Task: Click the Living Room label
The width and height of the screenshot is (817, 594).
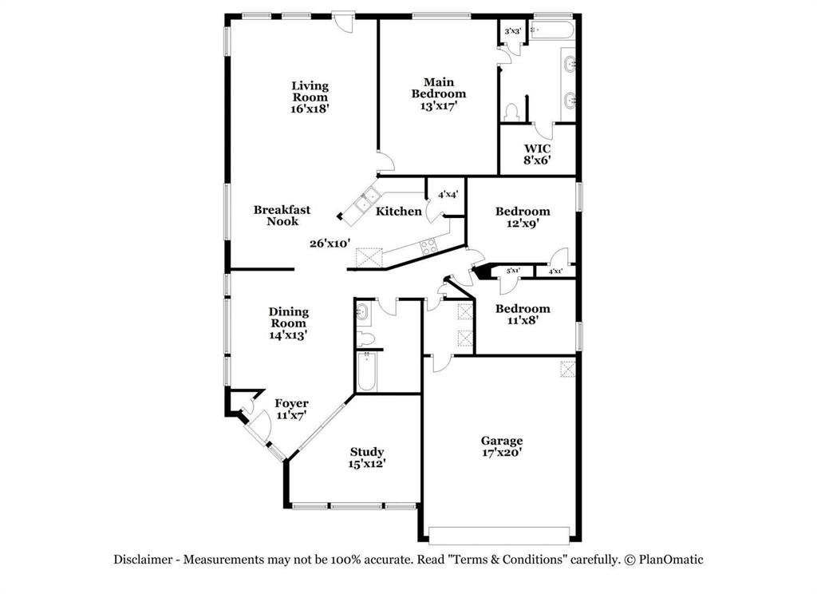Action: pos(310,97)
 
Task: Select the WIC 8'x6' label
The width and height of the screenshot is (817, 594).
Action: pos(537,154)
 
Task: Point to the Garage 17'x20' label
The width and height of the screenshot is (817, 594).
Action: pos(502,446)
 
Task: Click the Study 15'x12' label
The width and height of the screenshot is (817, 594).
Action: pos(366,457)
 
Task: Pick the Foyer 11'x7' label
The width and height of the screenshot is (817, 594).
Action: pos(291,410)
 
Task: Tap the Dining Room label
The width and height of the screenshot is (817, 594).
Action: pos(288,323)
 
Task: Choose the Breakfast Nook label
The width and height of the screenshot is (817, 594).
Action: pos(282,216)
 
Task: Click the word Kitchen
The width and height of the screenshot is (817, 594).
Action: pos(399,212)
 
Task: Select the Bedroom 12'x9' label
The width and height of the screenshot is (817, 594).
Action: pos(523,217)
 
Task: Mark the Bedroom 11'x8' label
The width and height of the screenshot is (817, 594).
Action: pos(523,315)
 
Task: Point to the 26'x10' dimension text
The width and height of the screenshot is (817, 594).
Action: pos(330,244)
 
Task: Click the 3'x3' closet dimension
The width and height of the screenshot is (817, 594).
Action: pos(513,31)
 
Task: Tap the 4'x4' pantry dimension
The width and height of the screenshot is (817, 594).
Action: pos(447,195)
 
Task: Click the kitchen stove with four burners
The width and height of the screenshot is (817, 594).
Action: pos(429,247)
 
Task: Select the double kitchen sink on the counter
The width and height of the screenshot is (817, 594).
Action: pos(368,196)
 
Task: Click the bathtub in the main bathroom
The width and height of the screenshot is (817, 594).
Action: pos(552,31)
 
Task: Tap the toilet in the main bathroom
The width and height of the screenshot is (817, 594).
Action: pos(511,112)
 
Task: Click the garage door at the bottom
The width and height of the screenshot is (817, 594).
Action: pos(499,534)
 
